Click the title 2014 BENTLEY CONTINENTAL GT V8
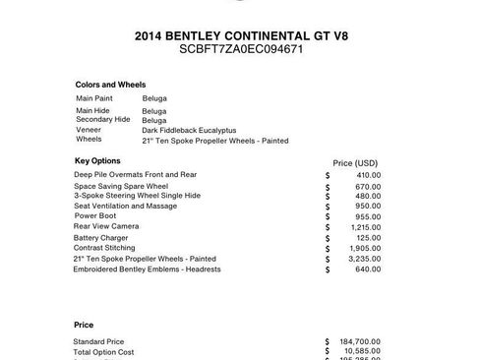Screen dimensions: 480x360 coord(240,35)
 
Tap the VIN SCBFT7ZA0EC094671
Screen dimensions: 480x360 coord(240,48)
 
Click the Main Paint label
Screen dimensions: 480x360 coord(94,98)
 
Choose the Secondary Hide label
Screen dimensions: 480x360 coord(102,119)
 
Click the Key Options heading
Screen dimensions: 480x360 coord(97,159)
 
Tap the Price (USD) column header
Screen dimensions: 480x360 coord(356,162)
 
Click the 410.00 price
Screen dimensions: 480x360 coord(369,175)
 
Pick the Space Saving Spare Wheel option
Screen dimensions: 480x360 coord(121,186)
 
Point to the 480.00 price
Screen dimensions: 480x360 coord(369,195)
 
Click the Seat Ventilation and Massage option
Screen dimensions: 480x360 coord(125,206)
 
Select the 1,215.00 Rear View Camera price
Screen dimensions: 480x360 coord(366,227)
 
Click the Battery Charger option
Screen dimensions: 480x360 coord(100,237)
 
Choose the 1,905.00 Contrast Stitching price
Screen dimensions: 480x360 coord(366,248)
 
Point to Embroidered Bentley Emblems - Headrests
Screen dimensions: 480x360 coord(147,269)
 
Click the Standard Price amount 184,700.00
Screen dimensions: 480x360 coord(361,341)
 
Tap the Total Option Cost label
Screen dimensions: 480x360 coord(103,351)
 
